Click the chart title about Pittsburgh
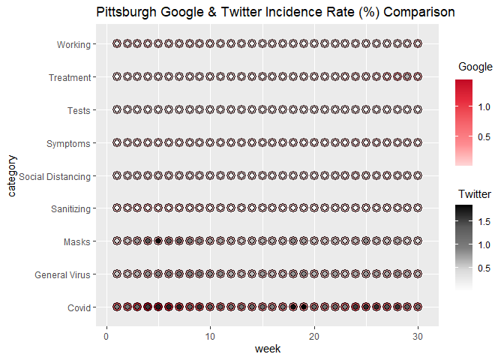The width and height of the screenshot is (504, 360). [275, 13]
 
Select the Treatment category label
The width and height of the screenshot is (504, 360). [70, 77]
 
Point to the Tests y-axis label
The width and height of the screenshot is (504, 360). [79, 110]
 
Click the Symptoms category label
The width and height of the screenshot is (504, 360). [68, 143]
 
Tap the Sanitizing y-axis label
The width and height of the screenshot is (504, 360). [69, 208]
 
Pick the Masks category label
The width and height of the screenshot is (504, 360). [77, 241]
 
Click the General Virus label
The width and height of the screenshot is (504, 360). [63, 274]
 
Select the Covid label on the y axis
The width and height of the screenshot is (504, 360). [78, 307]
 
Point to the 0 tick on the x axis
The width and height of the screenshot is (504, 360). [106, 334]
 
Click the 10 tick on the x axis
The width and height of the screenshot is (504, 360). [210, 334]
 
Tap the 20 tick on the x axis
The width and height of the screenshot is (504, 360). [314, 334]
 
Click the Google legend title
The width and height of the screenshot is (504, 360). [475, 68]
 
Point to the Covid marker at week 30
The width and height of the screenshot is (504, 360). [418, 307]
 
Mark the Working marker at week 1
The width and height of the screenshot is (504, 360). [117, 44]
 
